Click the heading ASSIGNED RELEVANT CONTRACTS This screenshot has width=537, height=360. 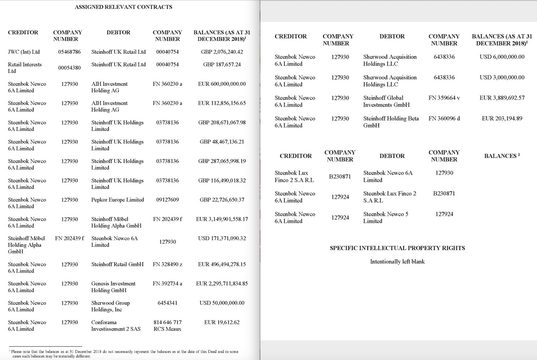(123, 7)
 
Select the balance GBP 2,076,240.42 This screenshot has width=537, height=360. (222, 52)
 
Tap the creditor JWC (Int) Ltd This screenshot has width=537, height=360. (24, 52)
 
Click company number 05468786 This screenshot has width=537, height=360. (69, 52)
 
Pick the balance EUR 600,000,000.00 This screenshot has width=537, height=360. (222, 84)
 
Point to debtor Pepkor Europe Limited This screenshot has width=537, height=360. (117, 200)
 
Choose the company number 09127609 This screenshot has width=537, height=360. (167, 200)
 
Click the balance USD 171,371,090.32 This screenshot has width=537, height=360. (222, 238)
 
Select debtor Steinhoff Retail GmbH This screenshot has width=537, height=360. (117, 264)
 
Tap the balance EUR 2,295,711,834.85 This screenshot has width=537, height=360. (222, 283)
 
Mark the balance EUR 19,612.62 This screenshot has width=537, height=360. (222, 322)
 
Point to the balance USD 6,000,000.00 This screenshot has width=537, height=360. (502, 57)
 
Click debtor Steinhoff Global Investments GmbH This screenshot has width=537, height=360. (386, 101)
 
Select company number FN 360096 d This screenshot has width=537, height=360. (444, 118)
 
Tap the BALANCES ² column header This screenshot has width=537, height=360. (502, 156)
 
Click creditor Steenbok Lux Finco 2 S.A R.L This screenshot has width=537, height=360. (294, 176)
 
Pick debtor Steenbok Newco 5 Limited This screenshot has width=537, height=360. (386, 218)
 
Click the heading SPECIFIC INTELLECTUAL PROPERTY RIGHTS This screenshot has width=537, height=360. (397, 248)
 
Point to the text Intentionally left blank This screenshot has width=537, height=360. (397, 262)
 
